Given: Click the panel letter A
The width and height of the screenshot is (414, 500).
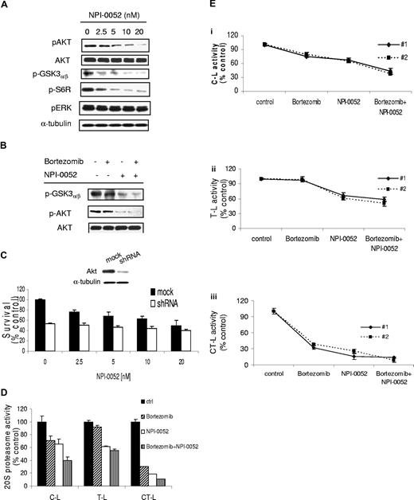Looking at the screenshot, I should tap(6, 6).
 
